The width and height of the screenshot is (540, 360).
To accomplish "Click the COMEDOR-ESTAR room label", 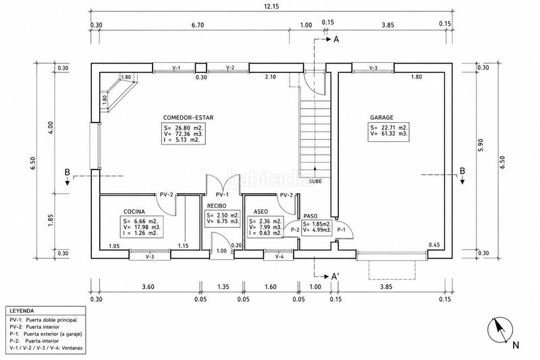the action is click(188, 118).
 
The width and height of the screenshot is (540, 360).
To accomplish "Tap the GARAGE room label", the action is click(381, 118).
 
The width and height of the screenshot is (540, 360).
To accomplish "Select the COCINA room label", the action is click(134, 211).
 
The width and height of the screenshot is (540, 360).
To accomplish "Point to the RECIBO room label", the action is click(217, 206).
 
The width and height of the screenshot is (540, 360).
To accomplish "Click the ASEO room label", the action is click(261, 211).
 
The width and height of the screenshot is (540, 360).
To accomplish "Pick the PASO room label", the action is click(310, 216).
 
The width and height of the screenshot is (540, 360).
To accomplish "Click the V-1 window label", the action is click(176, 68).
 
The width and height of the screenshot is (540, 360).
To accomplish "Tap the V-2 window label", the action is click(230, 68).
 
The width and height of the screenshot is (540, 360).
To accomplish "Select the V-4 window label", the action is click(279, 257).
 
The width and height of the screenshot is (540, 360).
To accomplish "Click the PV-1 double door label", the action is click(222, 195).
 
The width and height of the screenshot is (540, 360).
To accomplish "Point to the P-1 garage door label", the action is click(341, 230).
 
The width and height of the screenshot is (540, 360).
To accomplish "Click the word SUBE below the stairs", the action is click(315, 181).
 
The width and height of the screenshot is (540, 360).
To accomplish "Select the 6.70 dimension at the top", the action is click(198, 25).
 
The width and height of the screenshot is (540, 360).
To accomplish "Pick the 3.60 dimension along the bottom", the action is click(148, 286).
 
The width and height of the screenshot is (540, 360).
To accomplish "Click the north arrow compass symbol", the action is click(500, 330).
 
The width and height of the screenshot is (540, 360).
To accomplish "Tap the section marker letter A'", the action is click(334, 276).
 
